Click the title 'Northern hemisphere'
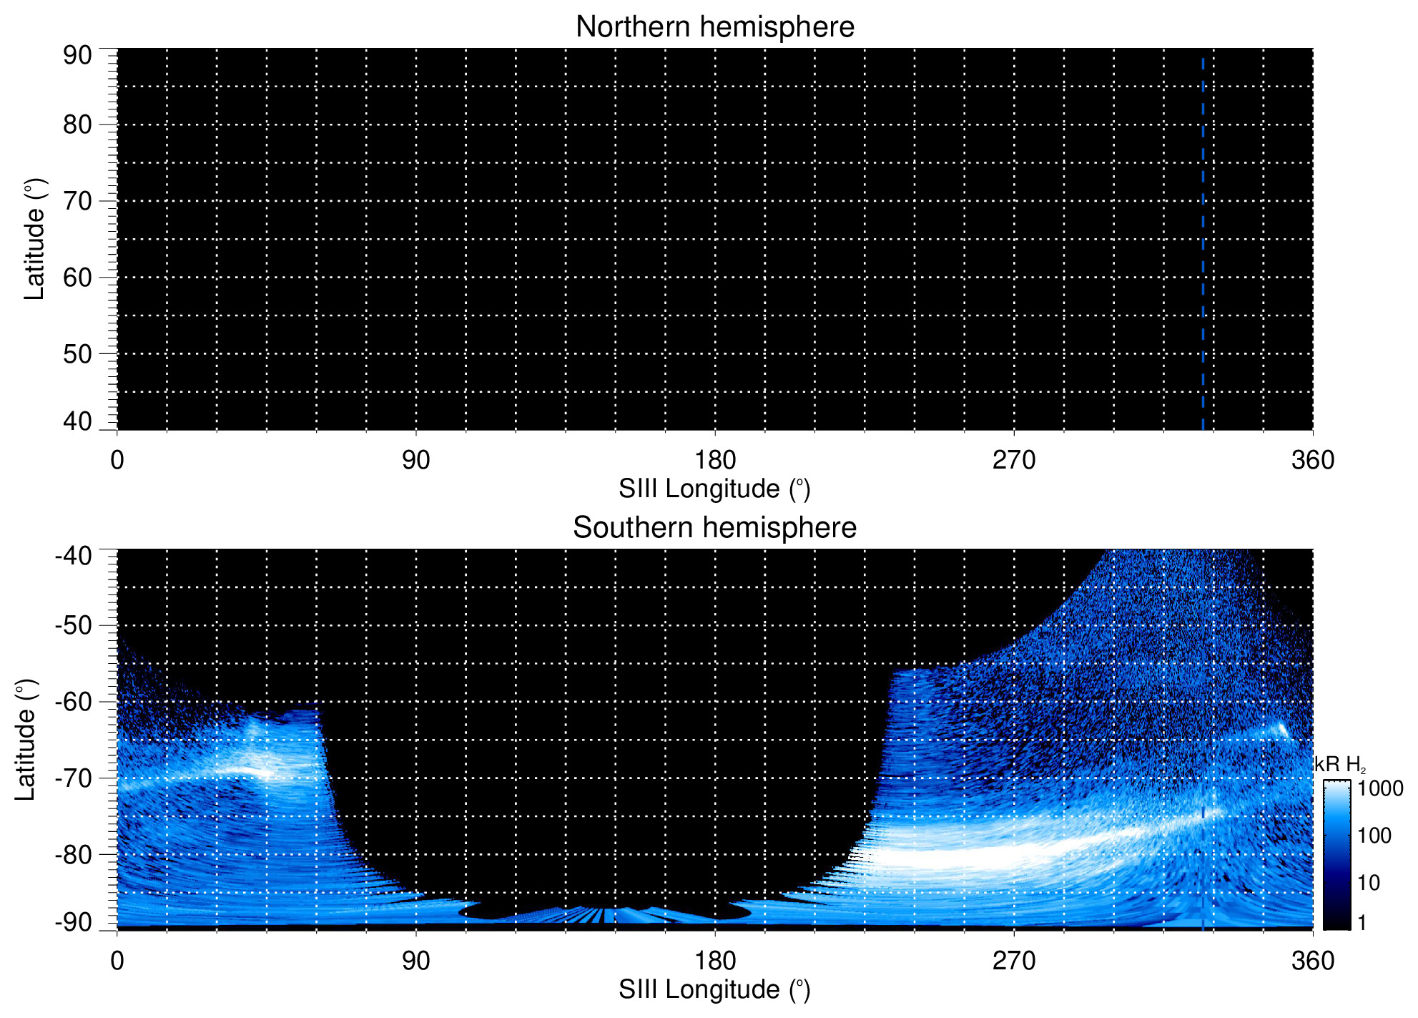point(714,27)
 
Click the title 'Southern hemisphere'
point(714,528)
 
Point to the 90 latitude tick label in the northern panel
point(77,55)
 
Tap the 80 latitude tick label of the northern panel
point(77,124)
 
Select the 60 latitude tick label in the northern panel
point(77,278)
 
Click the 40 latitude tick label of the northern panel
point(77,421)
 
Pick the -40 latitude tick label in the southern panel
point(73,555)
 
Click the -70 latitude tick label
point(73,778)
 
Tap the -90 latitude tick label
point(73,922)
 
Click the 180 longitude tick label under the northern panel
point(715,460)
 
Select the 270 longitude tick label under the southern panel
point(1014,961)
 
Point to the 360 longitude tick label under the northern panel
point(1313,460)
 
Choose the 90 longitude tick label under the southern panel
point(415,961)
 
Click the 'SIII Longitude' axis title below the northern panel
point(714,489)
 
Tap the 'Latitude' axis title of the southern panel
point(26,740)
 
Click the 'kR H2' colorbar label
point(1340,765)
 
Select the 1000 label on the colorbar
point(1380,788)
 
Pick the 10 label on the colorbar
point(1369,883)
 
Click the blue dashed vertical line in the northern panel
point(1203,243)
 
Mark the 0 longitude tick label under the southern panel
point(117,961)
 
